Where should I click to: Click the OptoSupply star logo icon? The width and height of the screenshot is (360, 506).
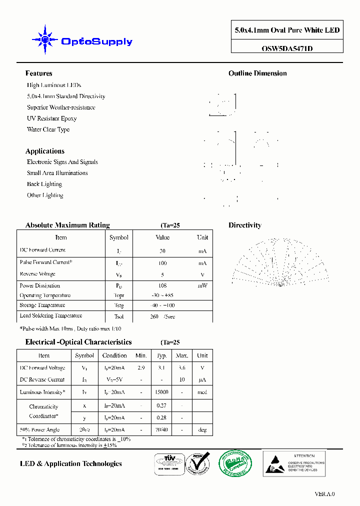(x=45, y=39)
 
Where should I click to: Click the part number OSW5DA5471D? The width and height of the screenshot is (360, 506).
(x=287, y=48)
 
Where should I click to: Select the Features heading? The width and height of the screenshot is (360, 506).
(x=38, y=73)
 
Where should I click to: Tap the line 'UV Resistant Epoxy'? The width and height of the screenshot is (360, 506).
(x=51, y=118)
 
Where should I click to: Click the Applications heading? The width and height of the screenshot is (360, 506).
(x=45, y=151)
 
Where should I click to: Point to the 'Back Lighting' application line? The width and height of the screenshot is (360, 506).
(x=44, y=184)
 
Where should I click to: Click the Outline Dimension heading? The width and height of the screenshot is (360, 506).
(x=257, y=73)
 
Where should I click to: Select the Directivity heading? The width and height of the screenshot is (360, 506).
(x=244, y=225)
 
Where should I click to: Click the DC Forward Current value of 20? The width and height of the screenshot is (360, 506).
(x=162, y=251)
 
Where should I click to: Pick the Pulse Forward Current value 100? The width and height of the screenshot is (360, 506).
(x=162, y=263)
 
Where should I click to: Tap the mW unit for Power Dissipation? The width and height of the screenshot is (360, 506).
(x=202, y=285)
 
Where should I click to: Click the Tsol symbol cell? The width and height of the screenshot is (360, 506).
(x=118, y=316)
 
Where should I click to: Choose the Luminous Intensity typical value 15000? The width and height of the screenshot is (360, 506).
(x=161, y=392)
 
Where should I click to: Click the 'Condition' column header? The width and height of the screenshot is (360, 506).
(x=114, y=355)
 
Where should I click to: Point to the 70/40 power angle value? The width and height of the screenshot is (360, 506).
(x=161, y=429)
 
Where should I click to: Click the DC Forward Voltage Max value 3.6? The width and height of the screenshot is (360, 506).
(x=182, y=367)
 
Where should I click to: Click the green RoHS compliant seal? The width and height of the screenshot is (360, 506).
(x=236, y=463)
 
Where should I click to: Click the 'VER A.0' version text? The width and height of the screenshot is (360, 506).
(x=324, y=494)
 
